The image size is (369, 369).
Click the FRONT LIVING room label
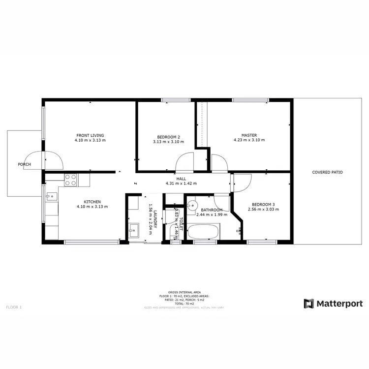[90, 135]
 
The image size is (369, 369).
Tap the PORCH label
[24, 164]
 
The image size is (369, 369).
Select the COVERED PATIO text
[327, 172]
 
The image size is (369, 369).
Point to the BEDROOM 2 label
[168, 137]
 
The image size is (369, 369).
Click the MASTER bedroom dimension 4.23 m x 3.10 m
[249, 140]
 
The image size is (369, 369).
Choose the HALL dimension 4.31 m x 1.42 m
[181, 184]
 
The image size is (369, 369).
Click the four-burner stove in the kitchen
[70, 180]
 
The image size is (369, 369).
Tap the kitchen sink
[51, 197]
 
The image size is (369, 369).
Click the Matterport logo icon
[308, 304]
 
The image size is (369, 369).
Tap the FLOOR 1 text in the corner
[14, 307]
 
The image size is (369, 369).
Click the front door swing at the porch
[53, 160]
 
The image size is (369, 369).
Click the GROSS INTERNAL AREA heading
[184, 292]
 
